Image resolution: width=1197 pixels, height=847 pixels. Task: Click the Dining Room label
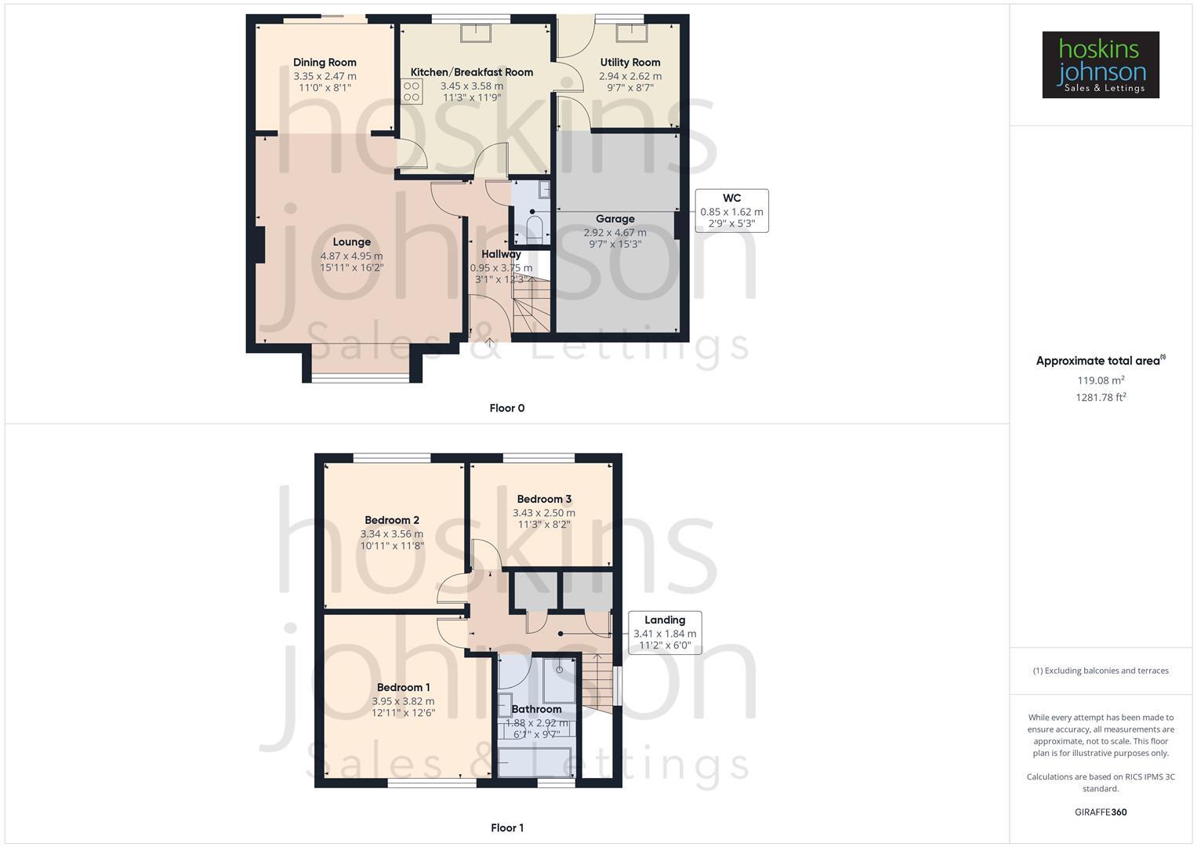(x=325, y=63)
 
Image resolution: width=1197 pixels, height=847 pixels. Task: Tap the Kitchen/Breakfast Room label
(x=471, y=72)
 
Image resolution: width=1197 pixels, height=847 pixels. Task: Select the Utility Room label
(x=629, y=63)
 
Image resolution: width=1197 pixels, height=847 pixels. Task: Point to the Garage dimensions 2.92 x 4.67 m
(x=615, y=232)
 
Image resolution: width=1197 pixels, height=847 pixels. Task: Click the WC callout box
(x=731, y=210)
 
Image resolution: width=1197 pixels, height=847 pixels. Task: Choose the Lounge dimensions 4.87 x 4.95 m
(x=351, y=256)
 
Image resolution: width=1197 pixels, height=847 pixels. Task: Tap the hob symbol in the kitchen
(x=412, y=91)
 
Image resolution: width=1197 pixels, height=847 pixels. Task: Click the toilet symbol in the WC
(x=535, y=229)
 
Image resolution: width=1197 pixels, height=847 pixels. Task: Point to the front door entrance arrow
(x=489, y=342)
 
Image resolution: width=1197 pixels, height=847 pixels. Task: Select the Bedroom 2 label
(x=392, y=520)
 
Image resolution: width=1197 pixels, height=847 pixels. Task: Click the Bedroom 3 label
(x=544, y=499)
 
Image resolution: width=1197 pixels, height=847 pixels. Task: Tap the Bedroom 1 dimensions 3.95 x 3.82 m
(x=403, y=701)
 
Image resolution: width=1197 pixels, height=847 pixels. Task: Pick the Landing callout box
(x=665, y=632)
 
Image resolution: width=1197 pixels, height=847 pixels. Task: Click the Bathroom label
(x=536, y=709)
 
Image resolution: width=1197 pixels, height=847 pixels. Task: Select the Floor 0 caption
(x=506, y=408)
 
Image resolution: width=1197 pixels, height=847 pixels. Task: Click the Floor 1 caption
(x=506, y=827)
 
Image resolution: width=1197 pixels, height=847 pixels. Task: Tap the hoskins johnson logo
(x=1100, y=64)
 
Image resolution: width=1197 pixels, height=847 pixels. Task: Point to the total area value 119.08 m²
(x=1101, y=380)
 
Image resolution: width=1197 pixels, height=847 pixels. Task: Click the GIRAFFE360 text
(x=1100, y=812)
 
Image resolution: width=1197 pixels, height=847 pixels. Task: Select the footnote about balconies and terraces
(x=1100, y=671)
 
